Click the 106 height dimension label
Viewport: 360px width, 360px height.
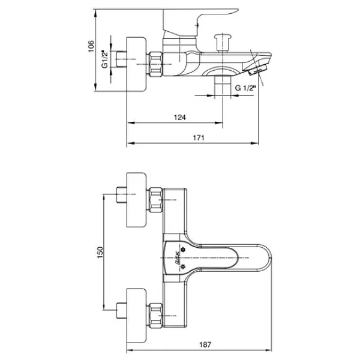[x=91, y=46]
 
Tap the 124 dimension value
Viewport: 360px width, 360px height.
[x=180, y=118]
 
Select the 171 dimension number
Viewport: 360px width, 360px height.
[x=199, y=137]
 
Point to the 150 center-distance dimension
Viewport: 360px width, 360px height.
[x=100, y=252]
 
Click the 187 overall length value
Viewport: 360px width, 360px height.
[x=205, y=344]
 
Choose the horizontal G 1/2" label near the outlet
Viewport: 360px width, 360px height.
[x=245, y=88]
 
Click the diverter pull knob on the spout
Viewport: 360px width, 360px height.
[x=223, y=43]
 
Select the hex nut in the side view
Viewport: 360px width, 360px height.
[x=155, y=64]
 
